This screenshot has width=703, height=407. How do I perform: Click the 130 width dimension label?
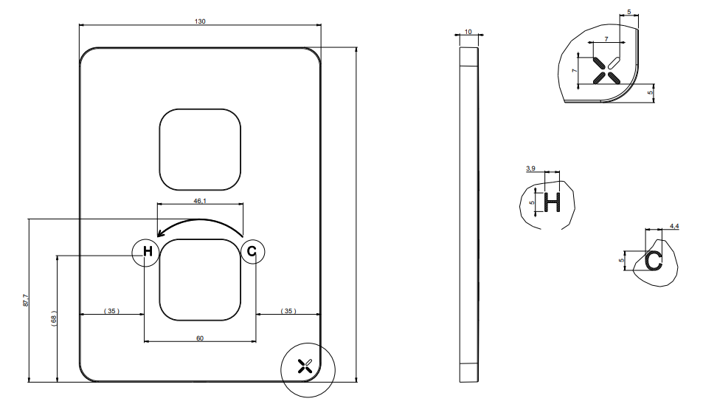[x=200, y=21]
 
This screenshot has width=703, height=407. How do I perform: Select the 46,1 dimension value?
[x=200, y=201]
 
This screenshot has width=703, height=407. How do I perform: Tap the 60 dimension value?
[x=200, y=338]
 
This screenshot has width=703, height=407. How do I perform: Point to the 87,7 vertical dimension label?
[x=26, y=300]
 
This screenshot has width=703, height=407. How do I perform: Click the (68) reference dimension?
[x=54, y=318]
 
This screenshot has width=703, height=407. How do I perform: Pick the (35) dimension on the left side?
[x=111, y=310]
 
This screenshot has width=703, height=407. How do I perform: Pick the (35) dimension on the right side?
[x=288, y=310]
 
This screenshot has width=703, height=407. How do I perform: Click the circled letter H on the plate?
[x=148, y=251]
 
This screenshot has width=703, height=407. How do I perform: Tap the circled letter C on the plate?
[x=252, y=251]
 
